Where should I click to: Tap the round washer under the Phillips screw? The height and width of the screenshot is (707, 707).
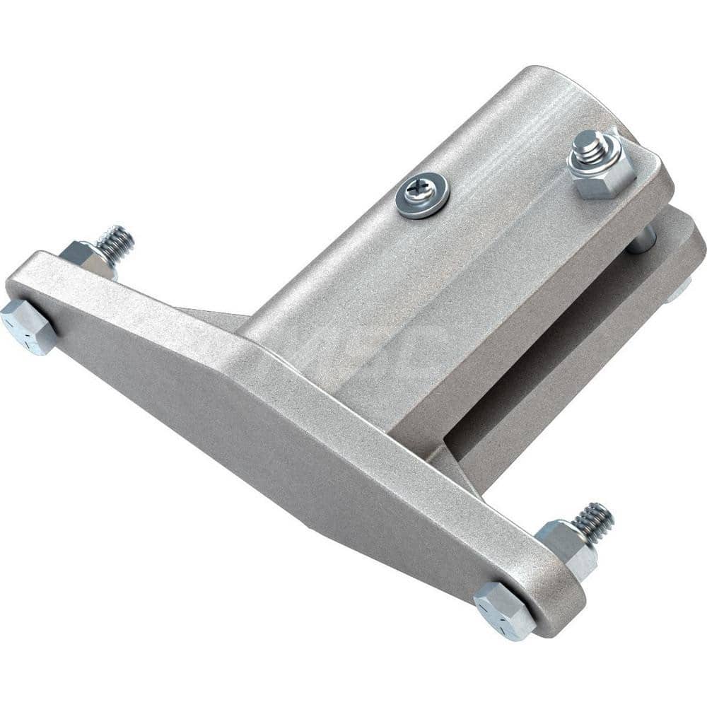433,202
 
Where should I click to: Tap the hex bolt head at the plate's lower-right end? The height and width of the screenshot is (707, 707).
504,609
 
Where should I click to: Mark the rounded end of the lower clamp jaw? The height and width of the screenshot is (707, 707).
689,240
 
